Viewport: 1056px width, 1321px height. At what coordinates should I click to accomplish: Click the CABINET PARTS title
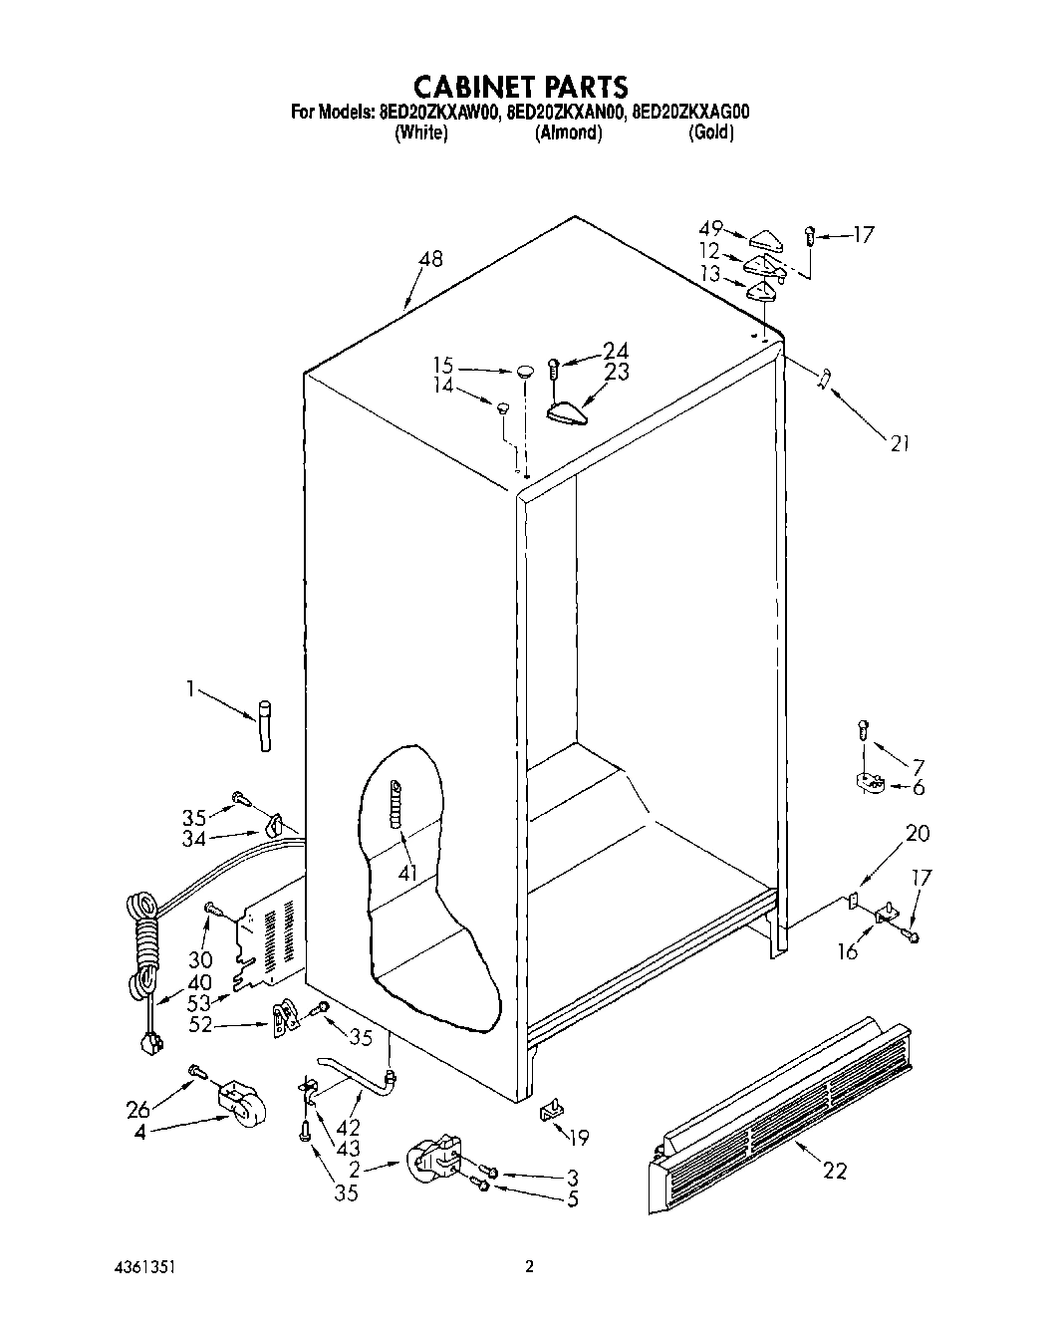tap(519, 85)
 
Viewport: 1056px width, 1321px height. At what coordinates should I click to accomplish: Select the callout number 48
tap(430, 259)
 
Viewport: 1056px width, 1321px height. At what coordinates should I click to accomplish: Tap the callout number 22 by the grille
tap(834, 1172)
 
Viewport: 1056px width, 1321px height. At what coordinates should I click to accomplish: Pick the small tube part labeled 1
tap(264, 727)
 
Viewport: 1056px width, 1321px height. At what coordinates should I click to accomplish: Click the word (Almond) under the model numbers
tap(568, 133)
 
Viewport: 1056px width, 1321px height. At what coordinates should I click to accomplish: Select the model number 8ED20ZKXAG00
tap(690, 113)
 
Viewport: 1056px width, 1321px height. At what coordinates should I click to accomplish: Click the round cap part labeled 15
tap(525, 372)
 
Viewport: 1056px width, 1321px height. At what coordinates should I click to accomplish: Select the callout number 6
tap(918, 787)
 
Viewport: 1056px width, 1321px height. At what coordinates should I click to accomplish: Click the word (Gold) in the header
tap(711, 133)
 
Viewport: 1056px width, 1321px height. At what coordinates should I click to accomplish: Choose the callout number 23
tap(617, 371)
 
